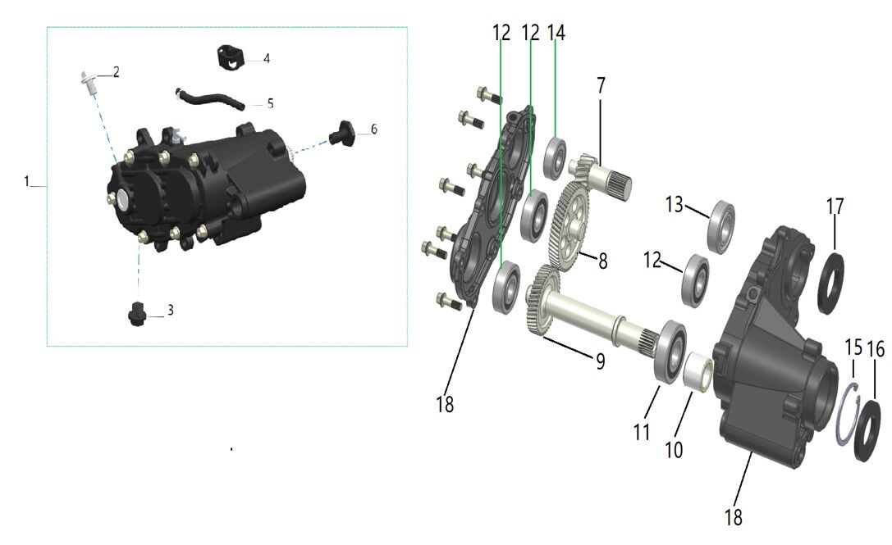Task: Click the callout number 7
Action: click(601, 86)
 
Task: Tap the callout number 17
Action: click(835, 207)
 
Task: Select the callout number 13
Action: click(674, 204)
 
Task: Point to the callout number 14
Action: click(556, 33)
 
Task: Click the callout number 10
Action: click(674, 450)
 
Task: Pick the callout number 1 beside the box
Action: click(26, 181)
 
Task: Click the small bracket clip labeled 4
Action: click(231, 58)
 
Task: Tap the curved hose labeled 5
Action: click(209, 98)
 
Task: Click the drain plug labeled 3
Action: click(136, 314)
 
